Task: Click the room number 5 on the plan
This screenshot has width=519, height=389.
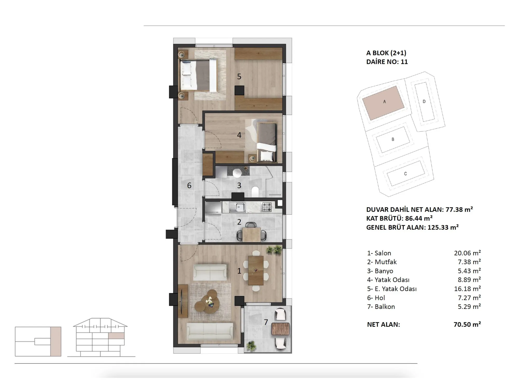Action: tap(239, 77)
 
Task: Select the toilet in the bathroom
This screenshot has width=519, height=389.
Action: tap(255, 192)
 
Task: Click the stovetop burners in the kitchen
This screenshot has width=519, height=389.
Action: tap(267, 207)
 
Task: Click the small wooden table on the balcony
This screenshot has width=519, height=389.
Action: tap(280, 329)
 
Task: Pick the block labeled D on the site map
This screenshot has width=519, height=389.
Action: tap(424, 102)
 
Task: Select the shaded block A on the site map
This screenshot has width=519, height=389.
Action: tap(383, 103)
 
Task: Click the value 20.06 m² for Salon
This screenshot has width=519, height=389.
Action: tap(467, 253)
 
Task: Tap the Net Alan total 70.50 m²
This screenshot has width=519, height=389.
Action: tap(467, 324)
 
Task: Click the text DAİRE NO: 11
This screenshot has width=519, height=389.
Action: tap(387, 62)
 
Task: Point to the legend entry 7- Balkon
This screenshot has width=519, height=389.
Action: tap(381, 307)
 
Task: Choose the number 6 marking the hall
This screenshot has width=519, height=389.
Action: tap(189, 185)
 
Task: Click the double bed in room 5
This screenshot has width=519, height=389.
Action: tap(199, 75)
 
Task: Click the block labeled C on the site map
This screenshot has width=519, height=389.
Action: tap(406, 173)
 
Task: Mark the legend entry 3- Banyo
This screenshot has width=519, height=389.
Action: tap(380, 271)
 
